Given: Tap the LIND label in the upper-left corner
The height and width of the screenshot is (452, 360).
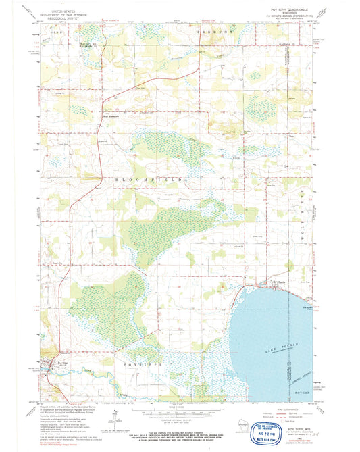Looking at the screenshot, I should point(53,31).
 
